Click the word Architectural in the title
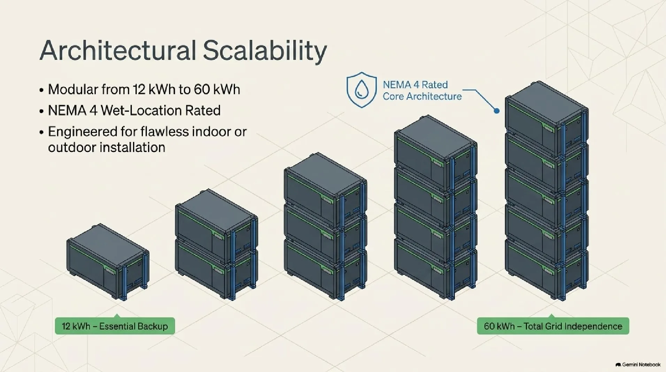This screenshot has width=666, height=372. pos(118,51)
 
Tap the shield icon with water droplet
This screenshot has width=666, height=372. pos(361,90)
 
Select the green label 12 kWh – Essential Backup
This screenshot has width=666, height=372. pos(115,326)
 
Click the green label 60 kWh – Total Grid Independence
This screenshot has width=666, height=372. pos(553,326)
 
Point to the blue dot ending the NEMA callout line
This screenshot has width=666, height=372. pos(497,111)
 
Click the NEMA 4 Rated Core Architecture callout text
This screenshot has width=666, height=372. pos(422,90)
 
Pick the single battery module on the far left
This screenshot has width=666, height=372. pos(108,261)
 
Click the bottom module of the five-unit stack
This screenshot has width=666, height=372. pos(547,268)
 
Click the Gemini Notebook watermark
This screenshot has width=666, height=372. pos(638,365)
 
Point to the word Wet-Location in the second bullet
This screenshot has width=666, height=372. pos(141,111)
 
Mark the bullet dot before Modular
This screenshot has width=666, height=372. pos(41,90)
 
